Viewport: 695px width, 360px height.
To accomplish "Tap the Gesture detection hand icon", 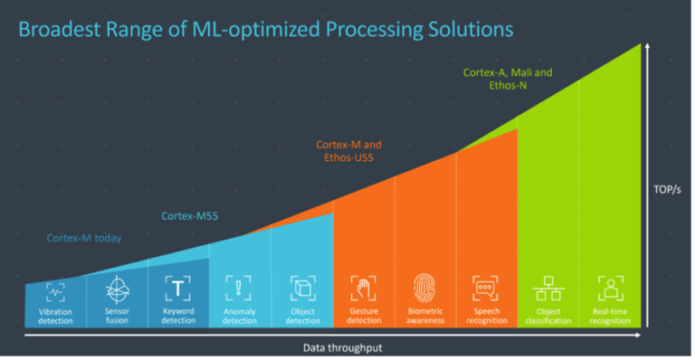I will click(x=364, y=289).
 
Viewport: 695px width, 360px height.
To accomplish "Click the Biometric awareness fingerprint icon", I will click(x=425, y=289).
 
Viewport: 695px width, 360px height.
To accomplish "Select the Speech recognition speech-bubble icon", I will click(x=486, y=289).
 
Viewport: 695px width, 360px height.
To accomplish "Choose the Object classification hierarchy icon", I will click(x=547, y=289).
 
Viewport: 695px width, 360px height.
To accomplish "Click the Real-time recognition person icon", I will click(x=610, y=289).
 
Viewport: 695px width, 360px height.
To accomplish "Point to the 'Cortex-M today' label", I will click(x=83, y=239).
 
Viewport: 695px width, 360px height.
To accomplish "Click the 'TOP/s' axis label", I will click(x=668, y=190).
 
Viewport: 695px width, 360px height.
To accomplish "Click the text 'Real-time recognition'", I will click(x=610, y=316).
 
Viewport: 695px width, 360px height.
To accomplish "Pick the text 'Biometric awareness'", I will click(x=425, y=316).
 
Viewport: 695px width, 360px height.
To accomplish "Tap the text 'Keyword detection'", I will click(x=178, y=316).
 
